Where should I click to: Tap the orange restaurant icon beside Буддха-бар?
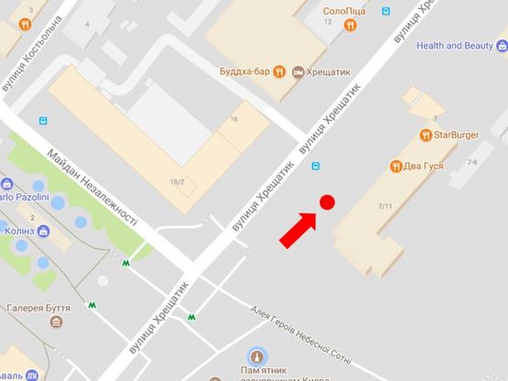point(297,72)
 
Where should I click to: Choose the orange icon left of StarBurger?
point(426,136)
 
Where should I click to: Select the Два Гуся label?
point(425,167)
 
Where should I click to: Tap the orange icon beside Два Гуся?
point(395,167)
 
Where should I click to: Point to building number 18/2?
point(177,183)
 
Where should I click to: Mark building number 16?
point(234,120)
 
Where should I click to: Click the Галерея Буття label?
point(38,310)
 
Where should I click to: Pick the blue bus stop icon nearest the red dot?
point(316,166)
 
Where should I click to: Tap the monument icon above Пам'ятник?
point(257,356)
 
